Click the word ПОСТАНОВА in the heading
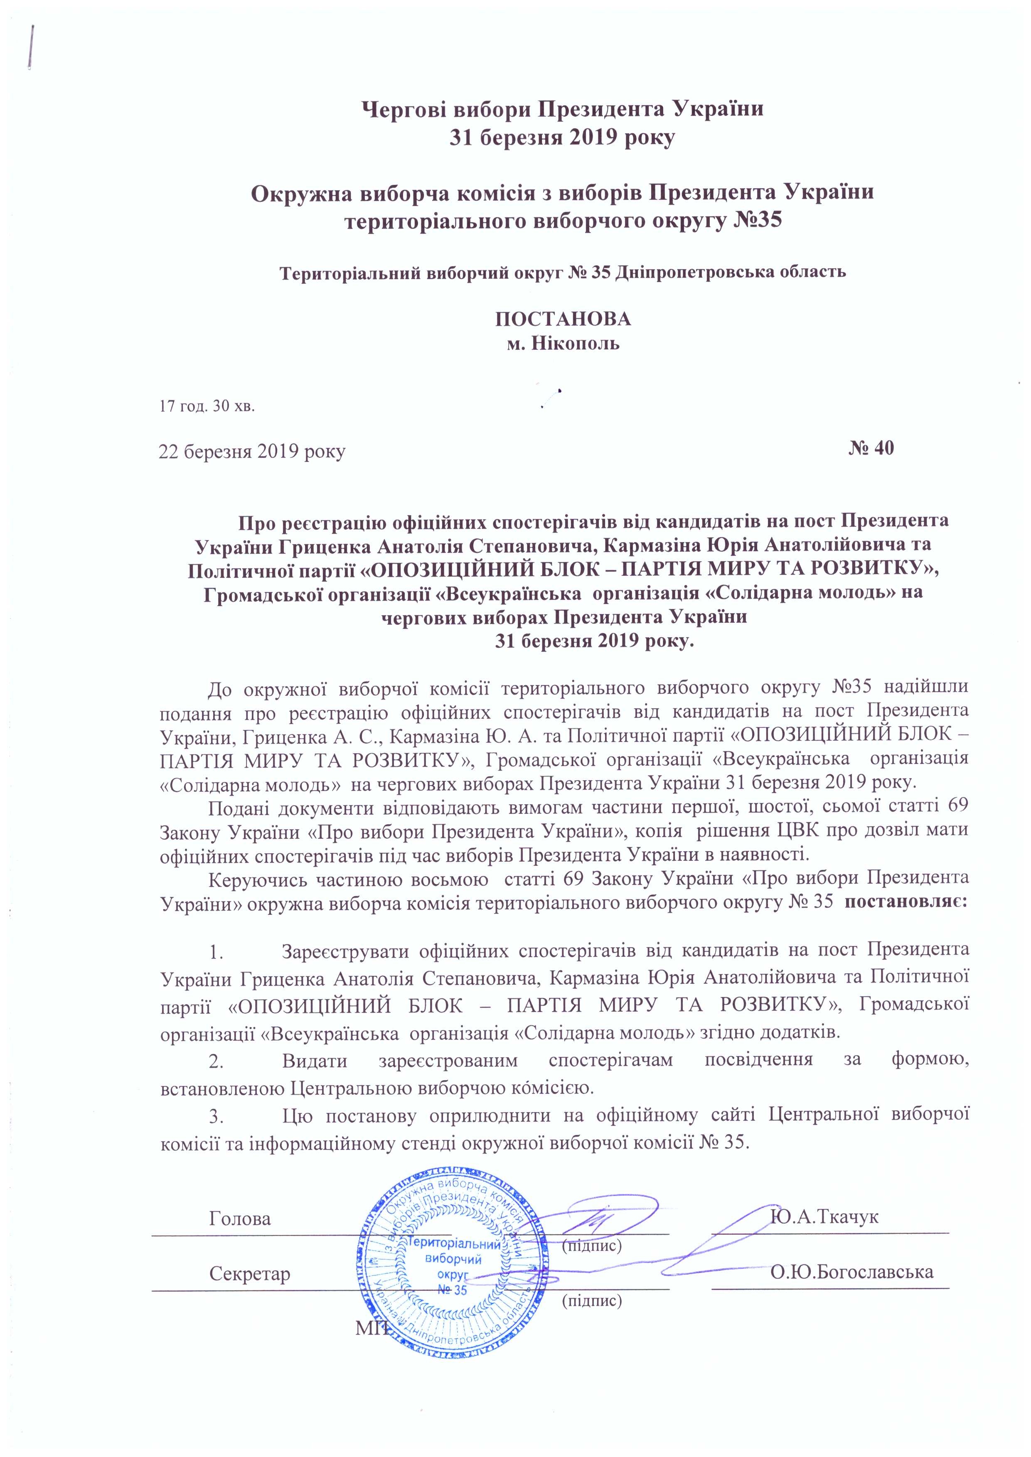point(563,319)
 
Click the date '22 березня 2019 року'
point(252,452)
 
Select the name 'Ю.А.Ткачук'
point(824,1217)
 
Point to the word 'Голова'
point(240,1219)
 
